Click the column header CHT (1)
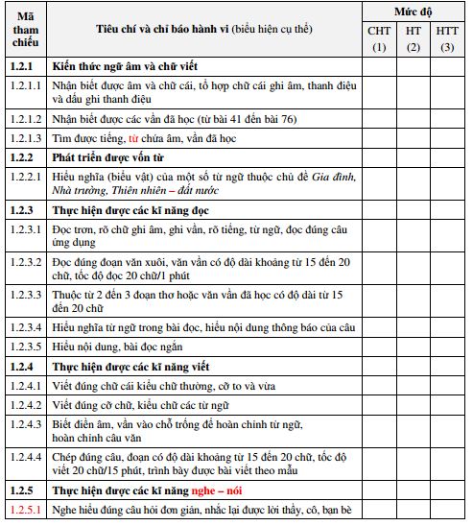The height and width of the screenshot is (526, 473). [379, 39]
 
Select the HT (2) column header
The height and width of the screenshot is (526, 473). [414, 39]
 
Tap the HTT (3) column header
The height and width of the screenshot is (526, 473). [447, 39]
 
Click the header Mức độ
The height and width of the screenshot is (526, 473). [413, 12]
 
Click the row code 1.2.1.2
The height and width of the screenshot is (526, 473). [26, 118]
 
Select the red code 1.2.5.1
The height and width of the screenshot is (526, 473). [26, 510]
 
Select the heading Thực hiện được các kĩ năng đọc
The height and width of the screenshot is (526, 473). [130, 208]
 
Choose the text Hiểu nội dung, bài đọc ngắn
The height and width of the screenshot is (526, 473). [117, 347]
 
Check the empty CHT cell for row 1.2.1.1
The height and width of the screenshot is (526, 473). [379, 92]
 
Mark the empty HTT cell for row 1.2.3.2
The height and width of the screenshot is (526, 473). [447, 267]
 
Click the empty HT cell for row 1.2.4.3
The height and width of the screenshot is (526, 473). [414, 429]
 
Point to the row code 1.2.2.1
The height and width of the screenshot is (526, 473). [26, 177]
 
